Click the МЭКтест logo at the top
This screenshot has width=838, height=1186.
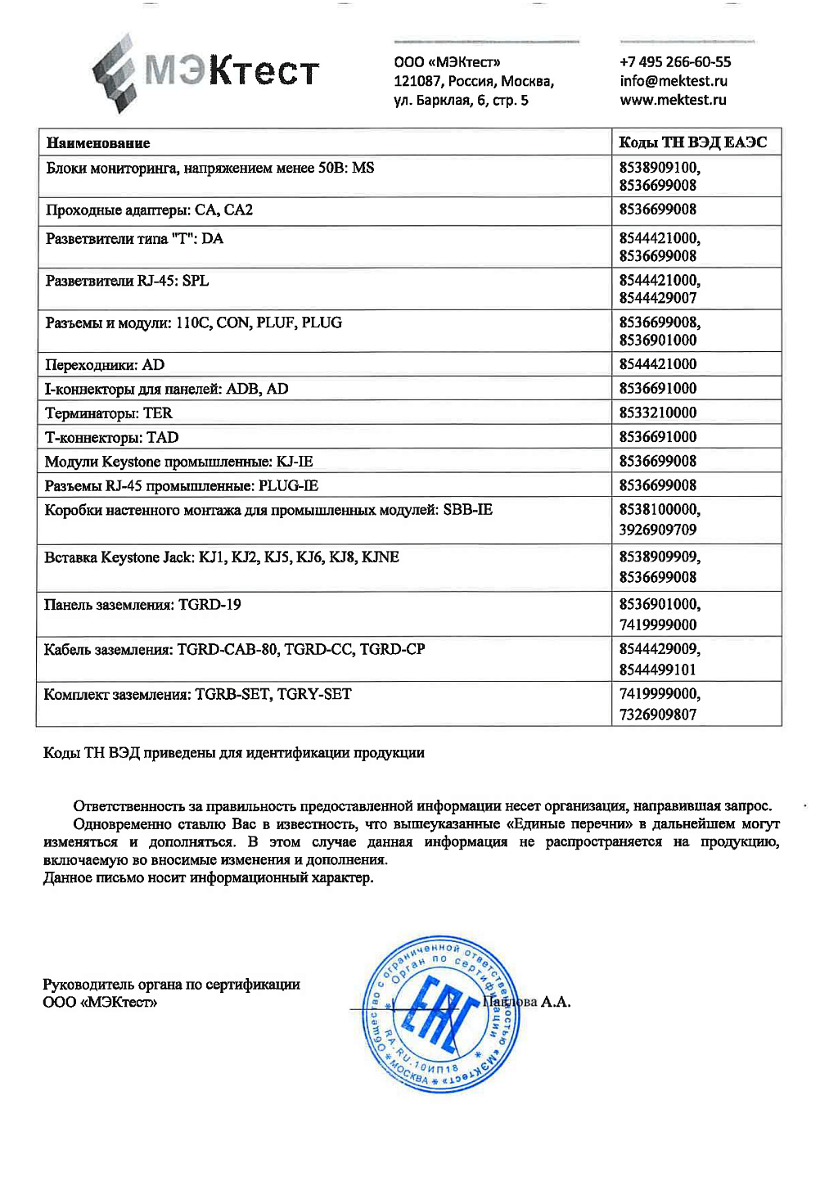pos(205,72)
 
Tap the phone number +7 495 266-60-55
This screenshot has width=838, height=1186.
pos(675,62)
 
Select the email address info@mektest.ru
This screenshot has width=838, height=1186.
pos(674,81)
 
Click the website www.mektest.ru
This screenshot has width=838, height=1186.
pos(673,100)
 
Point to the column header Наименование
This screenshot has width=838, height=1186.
pos(98,143)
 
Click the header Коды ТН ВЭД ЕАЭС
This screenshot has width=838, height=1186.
pos(693,142)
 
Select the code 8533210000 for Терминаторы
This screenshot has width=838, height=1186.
pos(658,413)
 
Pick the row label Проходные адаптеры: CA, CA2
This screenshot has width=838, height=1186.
pos(149,210)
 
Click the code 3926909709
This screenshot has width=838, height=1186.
pos(658,530)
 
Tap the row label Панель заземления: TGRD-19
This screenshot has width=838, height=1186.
pos(142,605)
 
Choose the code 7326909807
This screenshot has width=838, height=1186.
pos(658,715)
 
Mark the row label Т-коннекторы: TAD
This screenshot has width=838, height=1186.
pos(111,437)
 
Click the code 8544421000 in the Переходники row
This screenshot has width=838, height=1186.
pos(658,364)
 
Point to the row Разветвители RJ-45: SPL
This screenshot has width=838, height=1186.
pos(127,281)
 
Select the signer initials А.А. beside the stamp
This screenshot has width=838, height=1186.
pos(556,1002)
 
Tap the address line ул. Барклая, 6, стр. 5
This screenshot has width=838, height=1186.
pos(461,100)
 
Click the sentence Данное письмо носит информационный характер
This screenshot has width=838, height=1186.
pos(208,877)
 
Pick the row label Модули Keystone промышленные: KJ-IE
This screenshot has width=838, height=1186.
pos(178,462)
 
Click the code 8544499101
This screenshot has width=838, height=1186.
pos(658,670)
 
